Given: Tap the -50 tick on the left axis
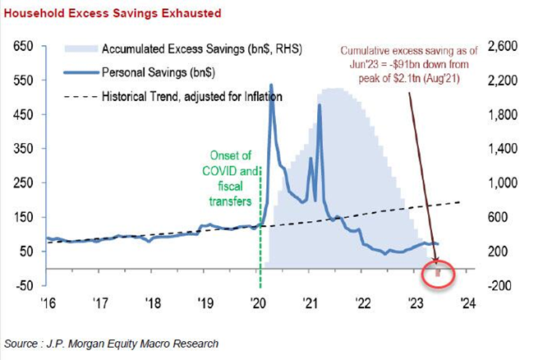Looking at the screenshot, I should click(x=25, y=284).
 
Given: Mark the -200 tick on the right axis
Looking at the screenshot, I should click(x=502, y=284).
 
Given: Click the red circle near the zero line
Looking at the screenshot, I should click(x=439, y=270).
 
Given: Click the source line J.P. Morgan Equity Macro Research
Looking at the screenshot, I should click(x=112, y=342).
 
